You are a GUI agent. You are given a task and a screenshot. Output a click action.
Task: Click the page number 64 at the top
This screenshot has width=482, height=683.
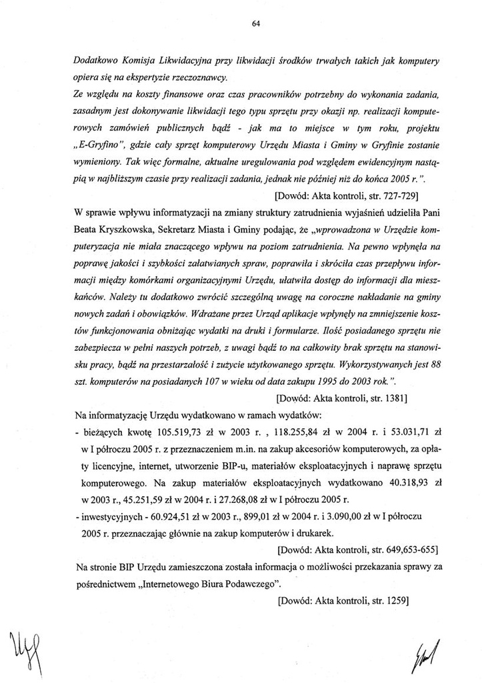tap(255, 24)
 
